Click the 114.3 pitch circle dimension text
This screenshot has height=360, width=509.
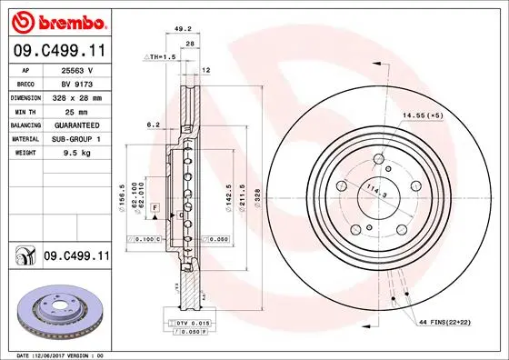coord(374,192)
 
